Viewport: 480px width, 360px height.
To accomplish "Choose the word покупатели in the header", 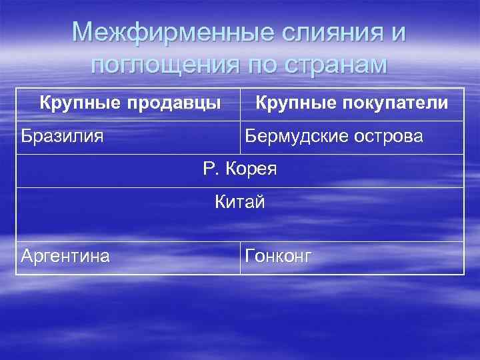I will pyautogui.click(x=396, y=103).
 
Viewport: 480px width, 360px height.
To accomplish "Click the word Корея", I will pyautogui.click(x=251, y=169).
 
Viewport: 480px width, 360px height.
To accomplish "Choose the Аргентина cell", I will pyautogui.click(x=67, y=256).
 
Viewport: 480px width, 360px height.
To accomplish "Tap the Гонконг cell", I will pyautogui.click(x=278, y=257).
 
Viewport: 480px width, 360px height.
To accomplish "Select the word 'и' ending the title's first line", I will pyautogui.click(x=398, y=33).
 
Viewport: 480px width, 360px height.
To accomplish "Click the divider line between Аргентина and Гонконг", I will pyautogui.click(x=240, y=257).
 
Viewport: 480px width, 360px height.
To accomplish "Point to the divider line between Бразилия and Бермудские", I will pyautogui.click(x=240, y=137).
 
